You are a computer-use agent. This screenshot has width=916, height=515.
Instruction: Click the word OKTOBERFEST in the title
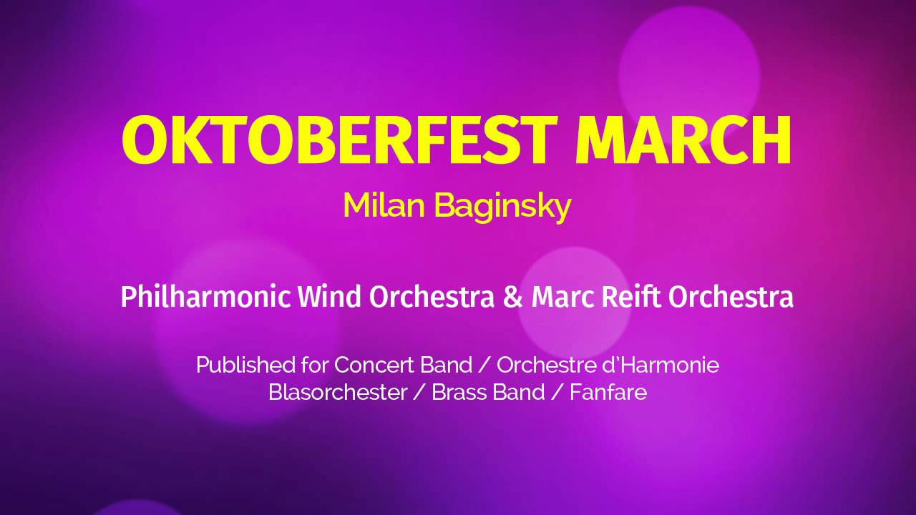tap(340, 140)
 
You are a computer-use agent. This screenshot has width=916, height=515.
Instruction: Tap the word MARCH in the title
tap(683, 140)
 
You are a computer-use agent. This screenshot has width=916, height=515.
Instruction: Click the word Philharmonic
tap(206, 297)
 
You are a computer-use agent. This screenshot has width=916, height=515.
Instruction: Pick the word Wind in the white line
tap(329, 297)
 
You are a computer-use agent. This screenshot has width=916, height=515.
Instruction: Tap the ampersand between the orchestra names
tap(513, 297)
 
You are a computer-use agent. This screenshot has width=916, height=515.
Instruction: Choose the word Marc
tap(562, 297)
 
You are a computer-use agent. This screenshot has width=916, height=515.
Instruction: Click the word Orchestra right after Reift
tap(731, 297)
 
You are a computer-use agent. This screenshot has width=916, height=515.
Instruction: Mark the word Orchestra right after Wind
tap(432, 297)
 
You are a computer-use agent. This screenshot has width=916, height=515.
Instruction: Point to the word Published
tap(245, 365)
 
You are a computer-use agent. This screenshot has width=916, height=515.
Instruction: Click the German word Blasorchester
tap(338, 392)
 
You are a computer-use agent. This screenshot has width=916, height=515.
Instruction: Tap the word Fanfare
tap(608, 392)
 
